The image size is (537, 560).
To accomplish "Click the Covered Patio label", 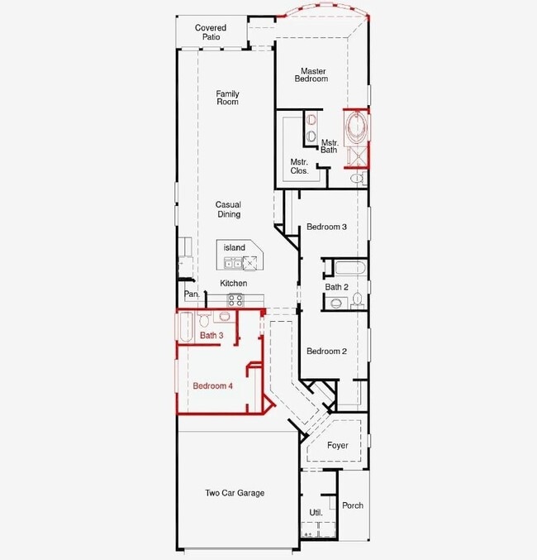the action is click(x=211, y=32).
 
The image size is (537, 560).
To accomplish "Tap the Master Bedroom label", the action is click(x=311, y=75).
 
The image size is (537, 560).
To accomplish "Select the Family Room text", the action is click(x=228, y=98).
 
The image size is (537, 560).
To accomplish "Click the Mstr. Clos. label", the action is click(x=299, y=166).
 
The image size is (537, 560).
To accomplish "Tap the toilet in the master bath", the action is click(x=359, y=178).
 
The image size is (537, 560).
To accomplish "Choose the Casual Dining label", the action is click(x=228, y=209).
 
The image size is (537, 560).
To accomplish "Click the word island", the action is click(x=235, y=247).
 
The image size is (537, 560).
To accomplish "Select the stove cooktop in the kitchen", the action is click(x=235, y=300).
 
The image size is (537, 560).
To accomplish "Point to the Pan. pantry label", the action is click(x=192, y=294).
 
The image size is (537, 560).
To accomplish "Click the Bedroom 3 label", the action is click(x=326, y=227).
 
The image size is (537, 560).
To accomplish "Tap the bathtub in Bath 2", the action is click(x=350, y=268).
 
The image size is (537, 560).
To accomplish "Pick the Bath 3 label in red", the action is click(x=211, y=335).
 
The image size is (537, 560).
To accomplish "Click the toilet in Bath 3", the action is click(x=204, y=320).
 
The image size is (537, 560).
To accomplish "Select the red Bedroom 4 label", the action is click(x=212, y=385).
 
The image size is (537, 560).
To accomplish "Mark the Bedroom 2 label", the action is click(x=326, y=351).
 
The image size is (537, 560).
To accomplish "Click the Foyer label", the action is click(x=338, y=445).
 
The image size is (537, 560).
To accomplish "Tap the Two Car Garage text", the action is click(x=235, y=493).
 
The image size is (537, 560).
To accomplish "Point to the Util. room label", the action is click(x=316, y=513).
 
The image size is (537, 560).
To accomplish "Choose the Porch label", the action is click(x=353, y=505).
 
